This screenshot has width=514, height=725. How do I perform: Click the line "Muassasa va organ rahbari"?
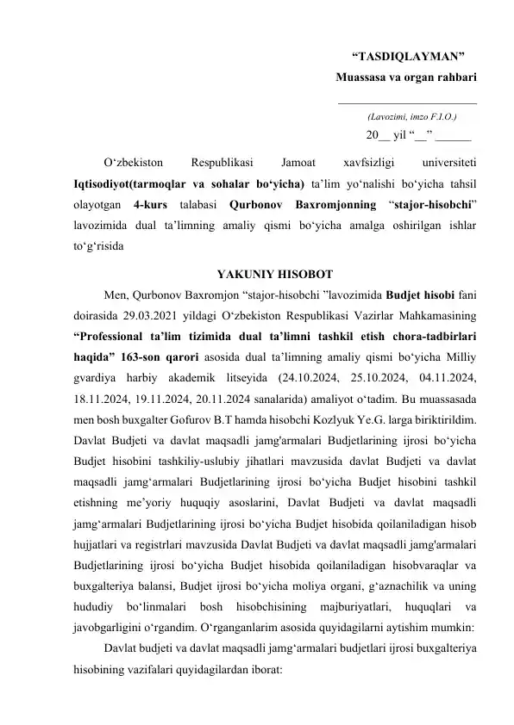408,77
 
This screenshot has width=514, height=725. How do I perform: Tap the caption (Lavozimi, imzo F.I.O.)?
411,115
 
